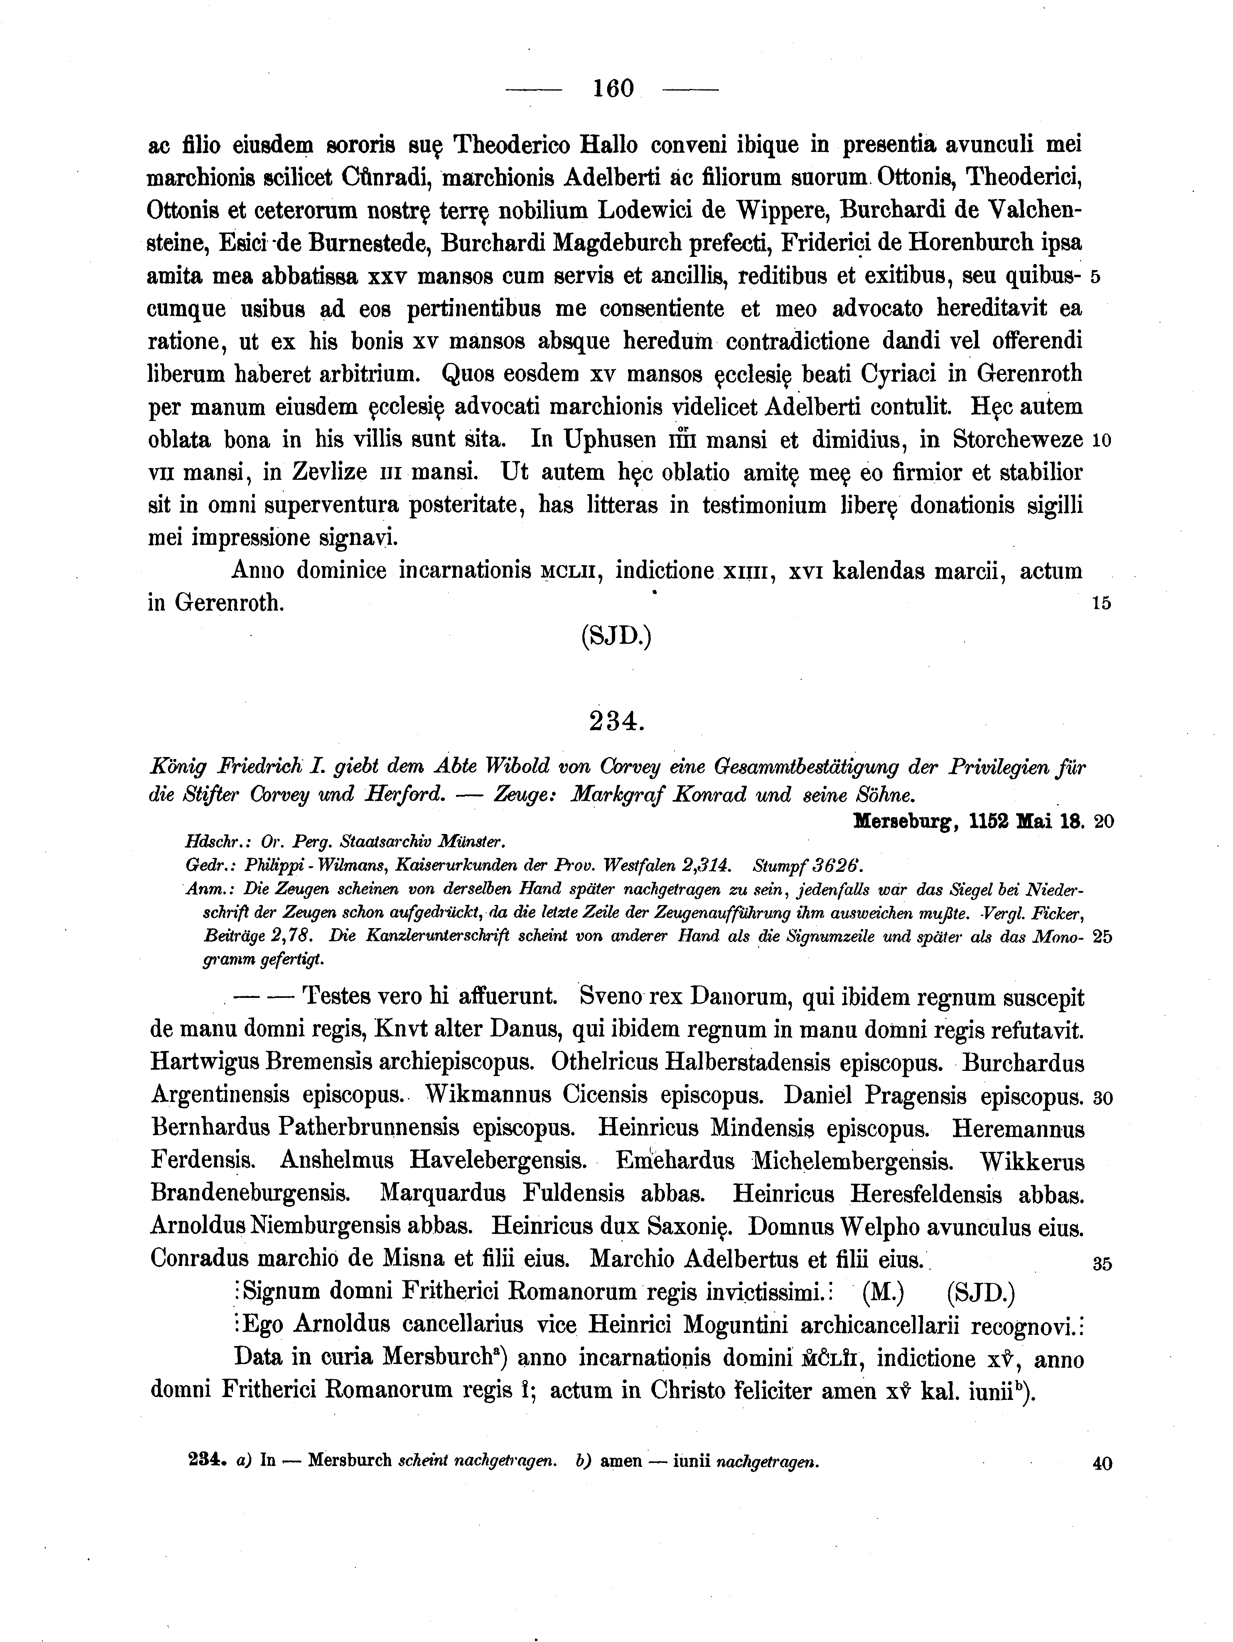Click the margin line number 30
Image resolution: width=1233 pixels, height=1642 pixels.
(x=1102, y=1098)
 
